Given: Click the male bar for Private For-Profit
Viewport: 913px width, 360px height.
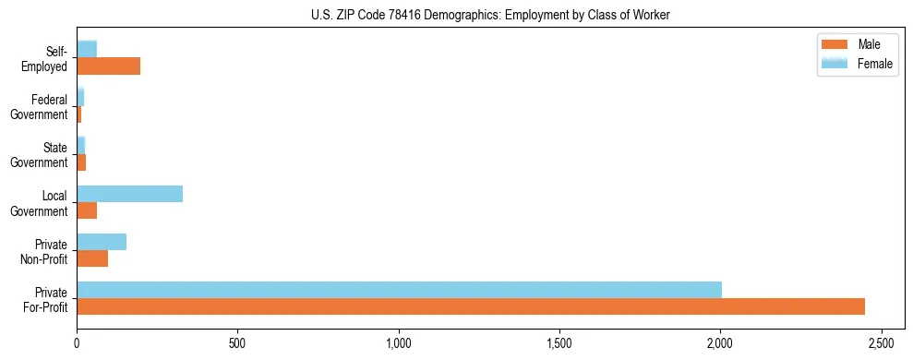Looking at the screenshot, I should [x=471, y=307].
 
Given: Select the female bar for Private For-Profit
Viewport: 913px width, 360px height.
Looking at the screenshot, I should [x=399, y=290].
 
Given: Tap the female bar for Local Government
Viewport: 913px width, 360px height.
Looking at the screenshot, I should [x=129, y=194].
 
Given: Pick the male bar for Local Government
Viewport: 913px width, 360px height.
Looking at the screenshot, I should [x=87, y=211].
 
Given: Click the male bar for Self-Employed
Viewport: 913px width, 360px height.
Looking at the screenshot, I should [x=108, y=66].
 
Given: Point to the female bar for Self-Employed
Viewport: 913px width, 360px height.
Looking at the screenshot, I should [x=87, y=49].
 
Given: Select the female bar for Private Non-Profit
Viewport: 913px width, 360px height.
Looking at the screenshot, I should [x=102, y=242].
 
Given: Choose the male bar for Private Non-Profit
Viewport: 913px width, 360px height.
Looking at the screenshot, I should [x=92, y=259].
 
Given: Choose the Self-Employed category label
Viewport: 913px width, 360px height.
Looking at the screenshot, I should [x=45, y=59].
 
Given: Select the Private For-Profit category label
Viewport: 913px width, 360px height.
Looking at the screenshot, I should [x=45, y=300].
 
